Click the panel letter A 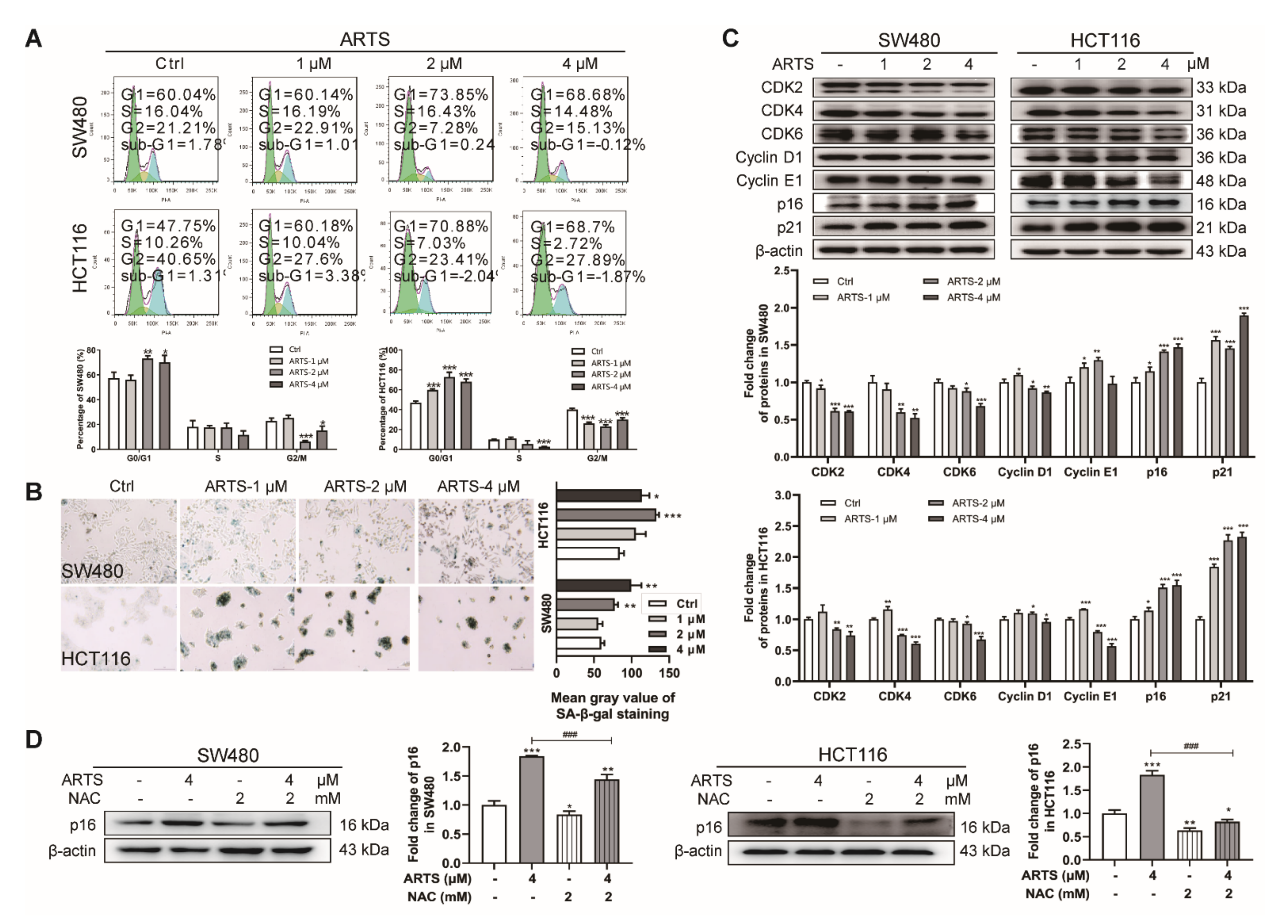click(x=33, y=39)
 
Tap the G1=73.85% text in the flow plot click(x=441, y=95)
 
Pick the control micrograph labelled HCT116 click(x=119, y=628)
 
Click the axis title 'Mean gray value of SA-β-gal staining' click(x=612, y=706)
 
